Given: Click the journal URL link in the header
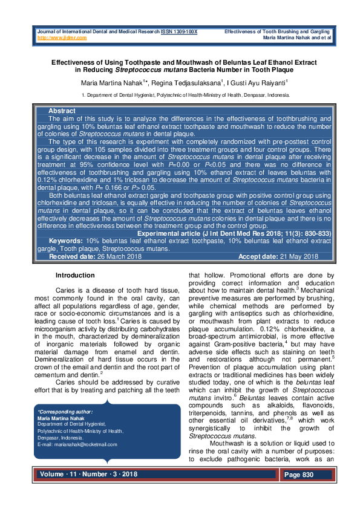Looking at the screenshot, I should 62,37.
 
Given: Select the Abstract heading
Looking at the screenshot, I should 62,111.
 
